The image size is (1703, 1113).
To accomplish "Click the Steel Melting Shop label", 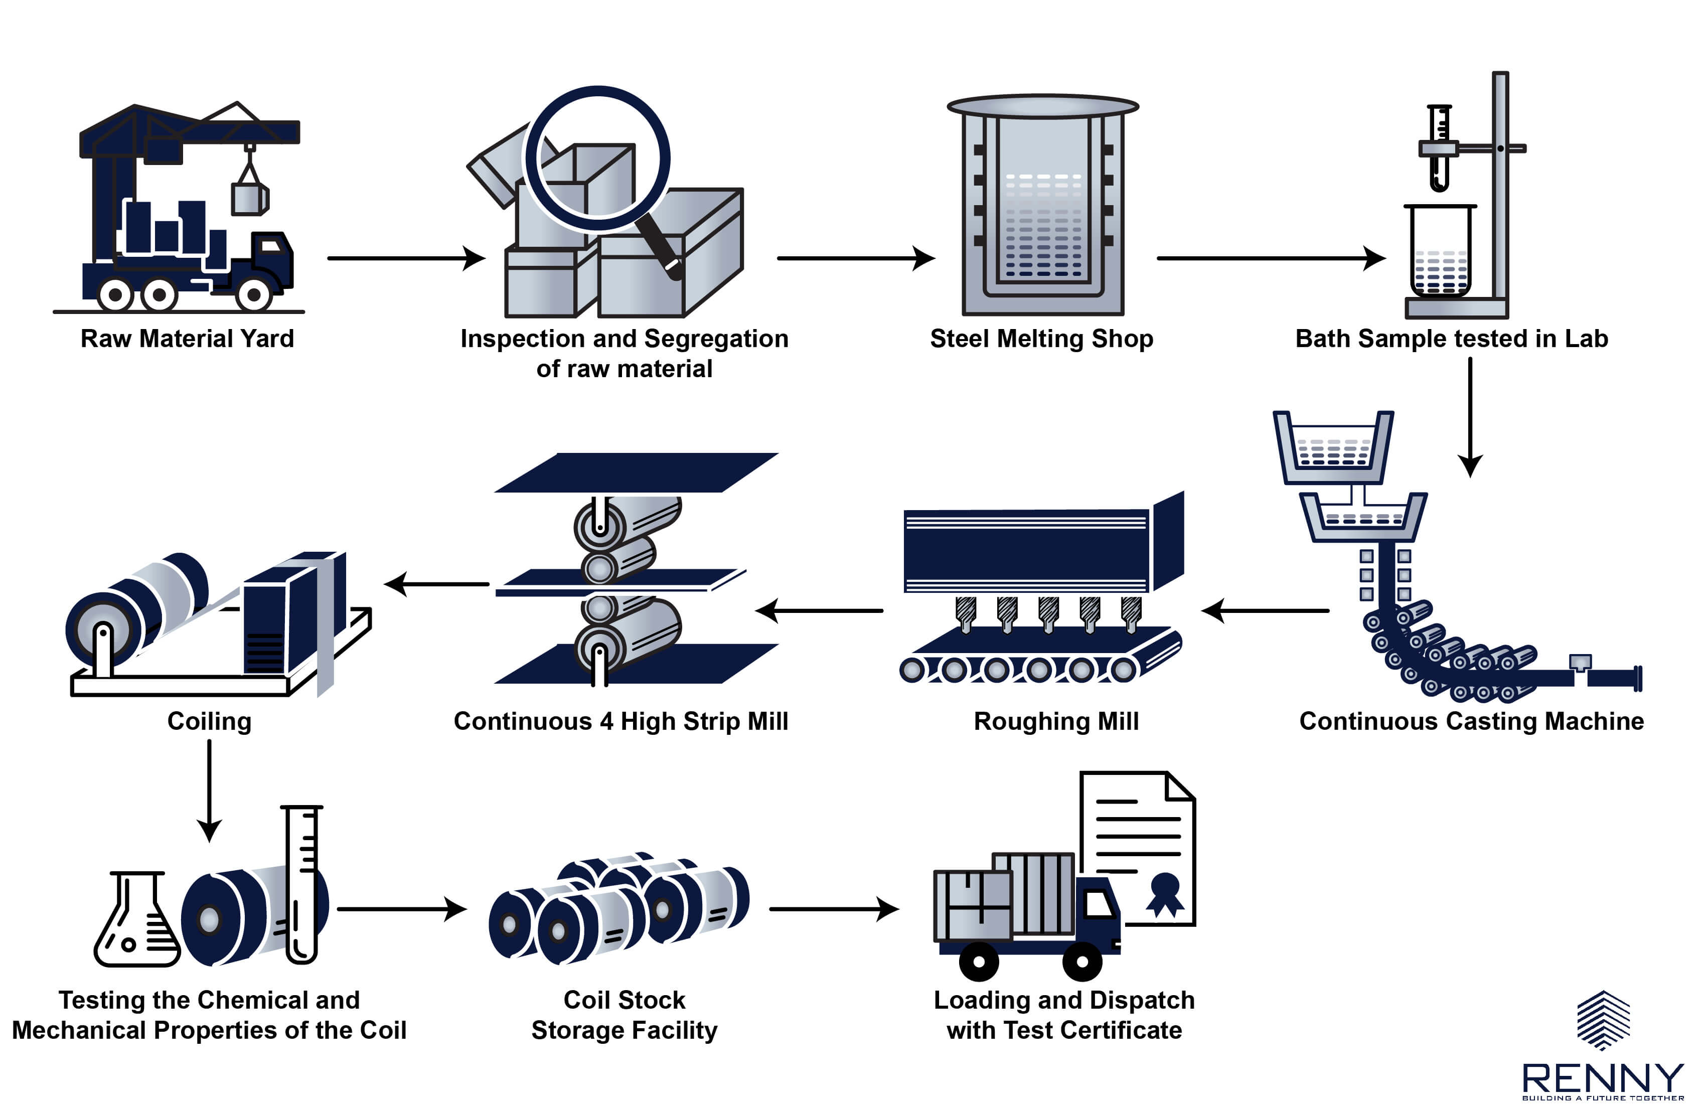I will [x=1041, y=339].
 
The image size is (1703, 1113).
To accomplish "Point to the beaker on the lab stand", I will [x=1440, y=250].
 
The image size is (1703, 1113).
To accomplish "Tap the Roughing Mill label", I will [x=1056, y=721].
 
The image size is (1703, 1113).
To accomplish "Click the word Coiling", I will [x=209, y=721].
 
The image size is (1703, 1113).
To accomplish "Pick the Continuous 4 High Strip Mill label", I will [x=621, y=721].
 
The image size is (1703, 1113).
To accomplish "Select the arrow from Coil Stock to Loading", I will [x=834, y=909].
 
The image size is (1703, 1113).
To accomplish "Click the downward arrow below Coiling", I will [x=209, y=790].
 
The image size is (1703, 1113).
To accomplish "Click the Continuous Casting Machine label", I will [x=1471, y=721].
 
